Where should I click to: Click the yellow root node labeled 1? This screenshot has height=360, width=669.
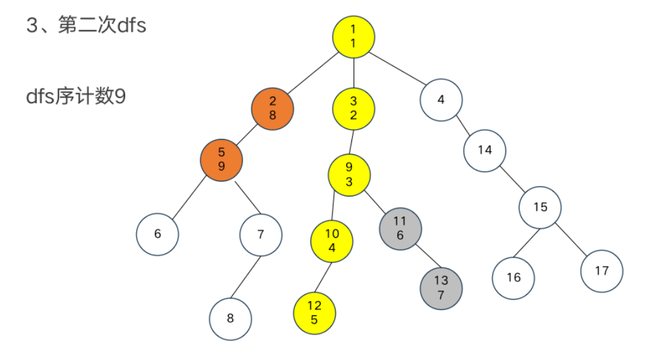pos(353,36)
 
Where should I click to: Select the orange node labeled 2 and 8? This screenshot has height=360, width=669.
pos(272,108)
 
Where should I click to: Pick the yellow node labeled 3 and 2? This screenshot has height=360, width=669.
pos(353,108)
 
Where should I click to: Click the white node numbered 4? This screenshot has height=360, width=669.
pos(441,100)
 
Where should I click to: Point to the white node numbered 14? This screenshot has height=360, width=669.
pos(484,150)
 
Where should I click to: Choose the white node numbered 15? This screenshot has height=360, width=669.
pos(540,208)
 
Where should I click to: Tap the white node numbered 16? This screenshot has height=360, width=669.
pos(513,278)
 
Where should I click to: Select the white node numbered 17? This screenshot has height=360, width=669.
pos(602,270)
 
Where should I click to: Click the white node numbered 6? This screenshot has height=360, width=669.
pos(157,234)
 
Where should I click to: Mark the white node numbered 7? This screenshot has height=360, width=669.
pos(261,234)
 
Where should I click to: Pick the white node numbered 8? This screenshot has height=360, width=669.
pos(230,318)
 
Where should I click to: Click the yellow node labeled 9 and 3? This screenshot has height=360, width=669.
pos(349,174)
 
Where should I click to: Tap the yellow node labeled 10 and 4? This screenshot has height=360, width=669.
pos(332,241)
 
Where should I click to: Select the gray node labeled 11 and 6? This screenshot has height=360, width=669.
pos(400,228)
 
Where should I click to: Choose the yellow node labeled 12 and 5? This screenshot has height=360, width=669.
pos(314,312)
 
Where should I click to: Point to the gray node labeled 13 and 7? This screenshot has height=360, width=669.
pos(441,287)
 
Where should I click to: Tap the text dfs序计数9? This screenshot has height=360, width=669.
pos(76,97)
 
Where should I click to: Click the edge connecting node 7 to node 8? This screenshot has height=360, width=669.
pos(246,277)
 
